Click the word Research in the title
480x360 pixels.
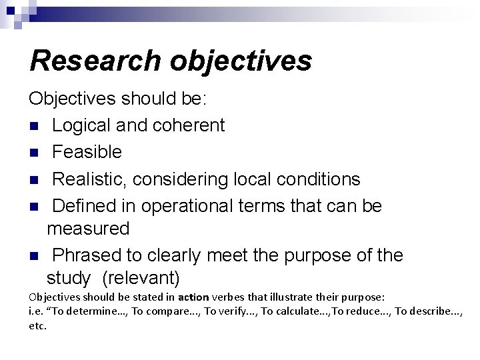tap(94, 60)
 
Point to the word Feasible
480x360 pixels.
tap(87, 152)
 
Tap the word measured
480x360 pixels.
tap(88, 228)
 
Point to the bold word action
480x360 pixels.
tap(193, 297)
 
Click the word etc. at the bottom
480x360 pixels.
tap(38, 326)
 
